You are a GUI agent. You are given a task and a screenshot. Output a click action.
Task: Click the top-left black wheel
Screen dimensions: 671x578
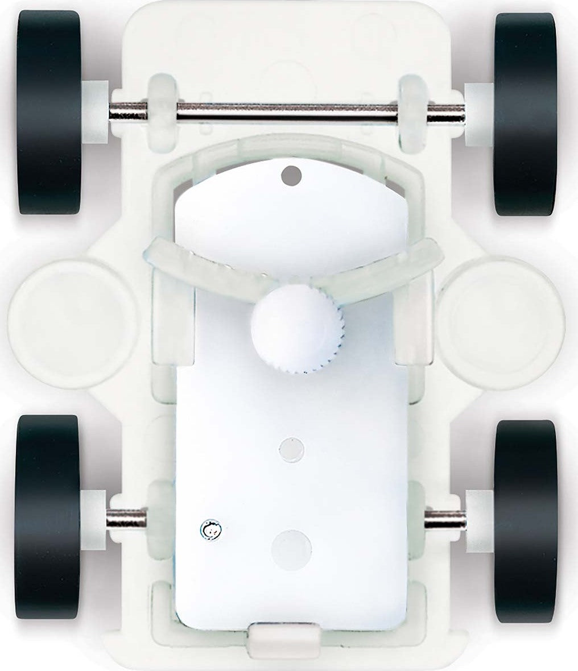coord(49,112)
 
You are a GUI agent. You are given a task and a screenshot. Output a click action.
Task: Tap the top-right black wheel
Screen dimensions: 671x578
coord(524,114)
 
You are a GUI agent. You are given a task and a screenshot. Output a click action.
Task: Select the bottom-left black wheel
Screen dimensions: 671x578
coord(48,518)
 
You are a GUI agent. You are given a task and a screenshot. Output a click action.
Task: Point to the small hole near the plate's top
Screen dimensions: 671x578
coord(291,175)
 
